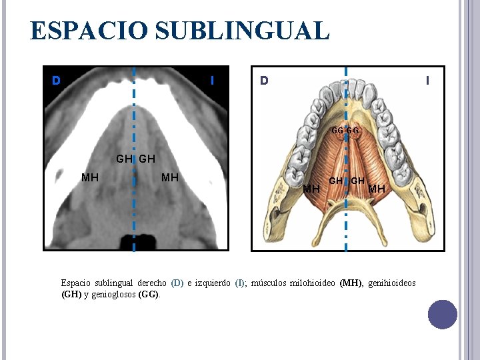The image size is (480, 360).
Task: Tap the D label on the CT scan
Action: click(x=57, y=81)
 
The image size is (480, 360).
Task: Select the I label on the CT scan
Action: click(x=212, y=81)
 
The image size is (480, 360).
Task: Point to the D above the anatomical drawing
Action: click(x=265, y=81)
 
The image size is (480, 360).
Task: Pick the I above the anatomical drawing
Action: click(x=427, y=81)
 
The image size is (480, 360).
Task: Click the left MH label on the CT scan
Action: click(x=90, y=177)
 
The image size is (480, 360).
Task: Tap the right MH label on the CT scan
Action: click(x=170, y=177)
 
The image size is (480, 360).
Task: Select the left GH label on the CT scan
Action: click(x=124, y=159)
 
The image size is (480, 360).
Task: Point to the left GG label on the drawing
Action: click(x=337, y=131)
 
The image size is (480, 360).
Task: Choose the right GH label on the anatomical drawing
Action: click(x=358, y=181)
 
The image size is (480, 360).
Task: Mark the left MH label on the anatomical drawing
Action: click(x=311, y=189)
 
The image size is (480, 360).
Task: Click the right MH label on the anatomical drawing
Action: click(x=377, y=189)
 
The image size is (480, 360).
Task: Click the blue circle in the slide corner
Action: click(x=443, y=314)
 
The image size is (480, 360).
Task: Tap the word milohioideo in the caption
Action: click(x=313, y=283)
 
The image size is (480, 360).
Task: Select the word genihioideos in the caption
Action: click(x=391, y=283)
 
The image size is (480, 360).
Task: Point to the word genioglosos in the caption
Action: click(x=113, y=294)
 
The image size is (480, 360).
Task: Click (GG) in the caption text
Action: click(x=149, y=294)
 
